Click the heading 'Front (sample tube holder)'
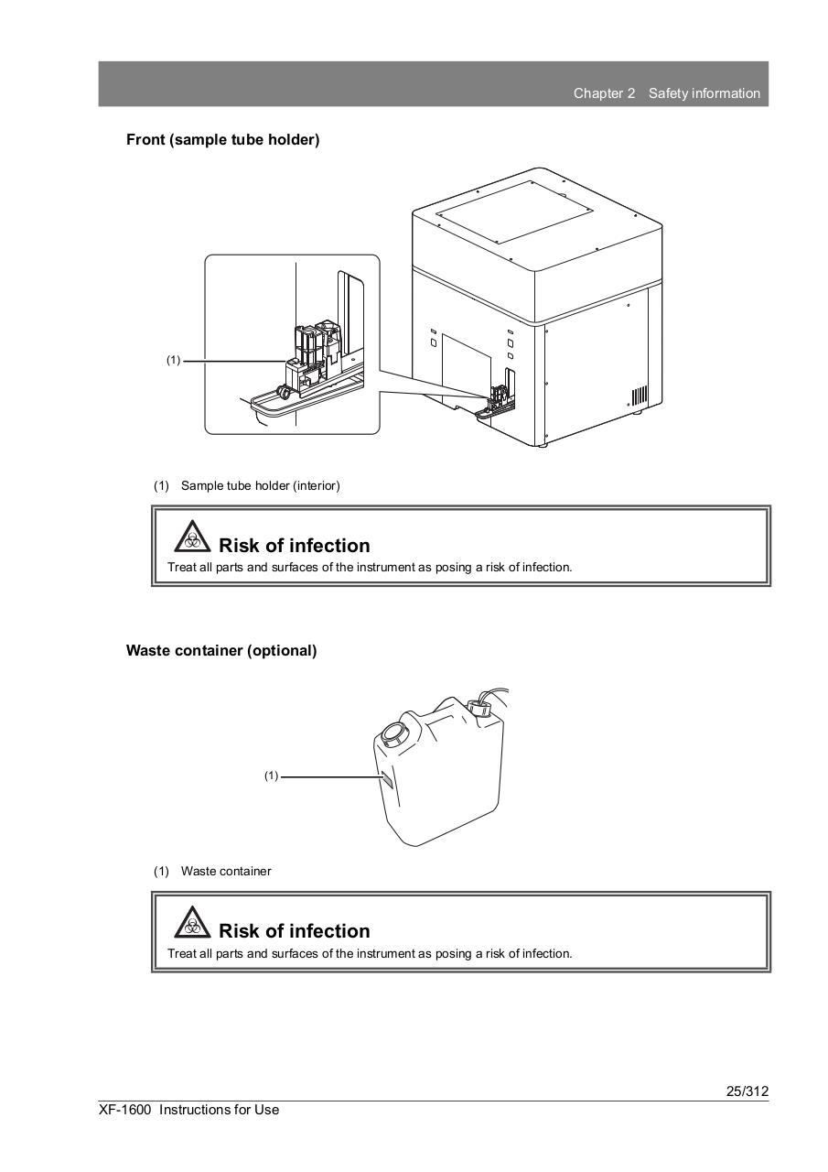[x=222, y=140]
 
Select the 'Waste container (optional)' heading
[x=221, y=651]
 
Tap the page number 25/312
[x=747, y=1091]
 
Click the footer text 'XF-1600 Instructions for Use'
[x=189, y=1110]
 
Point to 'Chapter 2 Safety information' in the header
[x=666, y=93]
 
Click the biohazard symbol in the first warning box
[x=190, y=535]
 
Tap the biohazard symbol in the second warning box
[x=190, y=921]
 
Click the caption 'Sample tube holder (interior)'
[x=260, y=486]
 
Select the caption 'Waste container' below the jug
[x=225, y=872]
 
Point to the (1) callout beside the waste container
[x=271, y=776]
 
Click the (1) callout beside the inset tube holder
[x=173, y=361]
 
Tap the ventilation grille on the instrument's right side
[x=639, y=396]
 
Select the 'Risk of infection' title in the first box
[x=294, y=546]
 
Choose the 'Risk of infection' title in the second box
[x=294, y=931]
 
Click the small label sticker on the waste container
[x=387, y=778]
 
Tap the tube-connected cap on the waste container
[x=479, y=707]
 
